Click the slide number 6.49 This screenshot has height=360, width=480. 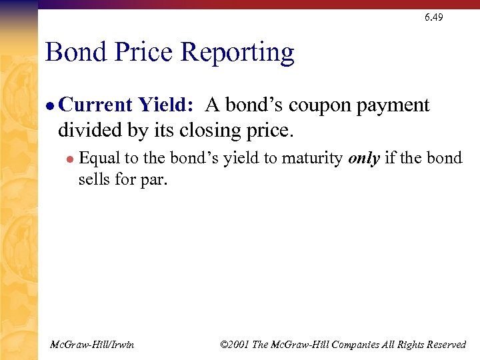[433, 17]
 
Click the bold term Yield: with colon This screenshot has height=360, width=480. [167, 105]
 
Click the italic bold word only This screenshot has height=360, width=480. [364, 159]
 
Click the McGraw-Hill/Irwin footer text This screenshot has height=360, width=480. [92, 345]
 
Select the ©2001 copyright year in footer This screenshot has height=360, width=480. [236, 345]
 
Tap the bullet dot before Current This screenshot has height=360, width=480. [51, 106]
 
